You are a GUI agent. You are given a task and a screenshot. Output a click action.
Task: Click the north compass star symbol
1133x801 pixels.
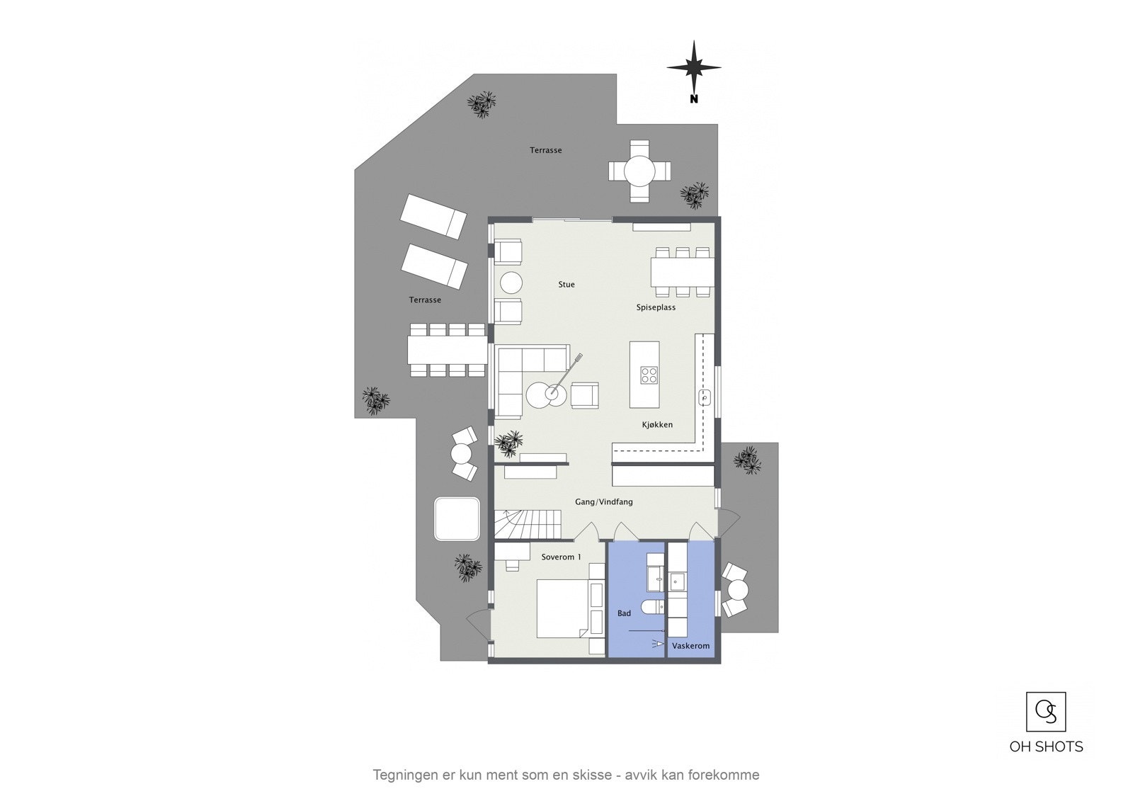tap(694, 68)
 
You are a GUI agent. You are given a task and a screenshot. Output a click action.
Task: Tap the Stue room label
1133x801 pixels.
tap(566, 285)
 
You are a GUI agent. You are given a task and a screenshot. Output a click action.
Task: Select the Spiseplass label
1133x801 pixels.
tap(656, 307)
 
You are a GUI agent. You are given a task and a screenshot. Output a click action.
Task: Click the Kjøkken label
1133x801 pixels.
tap(657, 425)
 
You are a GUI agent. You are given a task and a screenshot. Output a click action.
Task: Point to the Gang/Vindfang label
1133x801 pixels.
tap(604, 502)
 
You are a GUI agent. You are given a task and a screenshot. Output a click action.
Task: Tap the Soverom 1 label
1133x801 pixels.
tap(561, 557)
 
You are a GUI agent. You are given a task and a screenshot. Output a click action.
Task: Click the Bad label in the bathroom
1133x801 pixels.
tap(624, 613)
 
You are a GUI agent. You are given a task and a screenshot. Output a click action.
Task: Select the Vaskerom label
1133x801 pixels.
tap(690, 646)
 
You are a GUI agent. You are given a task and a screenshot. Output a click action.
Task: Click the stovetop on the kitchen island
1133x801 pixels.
tap(649, 375)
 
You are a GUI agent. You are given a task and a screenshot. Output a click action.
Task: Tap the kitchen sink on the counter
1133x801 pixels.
tap(705, 397)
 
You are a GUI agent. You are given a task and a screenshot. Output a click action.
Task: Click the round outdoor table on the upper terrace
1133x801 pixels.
tap(639, 171)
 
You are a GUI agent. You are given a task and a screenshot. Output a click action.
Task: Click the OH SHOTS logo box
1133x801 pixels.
tap(1046, 712)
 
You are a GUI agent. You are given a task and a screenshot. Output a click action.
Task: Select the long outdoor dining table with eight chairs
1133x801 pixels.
tap(447, 350)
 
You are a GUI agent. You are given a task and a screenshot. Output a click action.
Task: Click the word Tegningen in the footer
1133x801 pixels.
tap(401, 775)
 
